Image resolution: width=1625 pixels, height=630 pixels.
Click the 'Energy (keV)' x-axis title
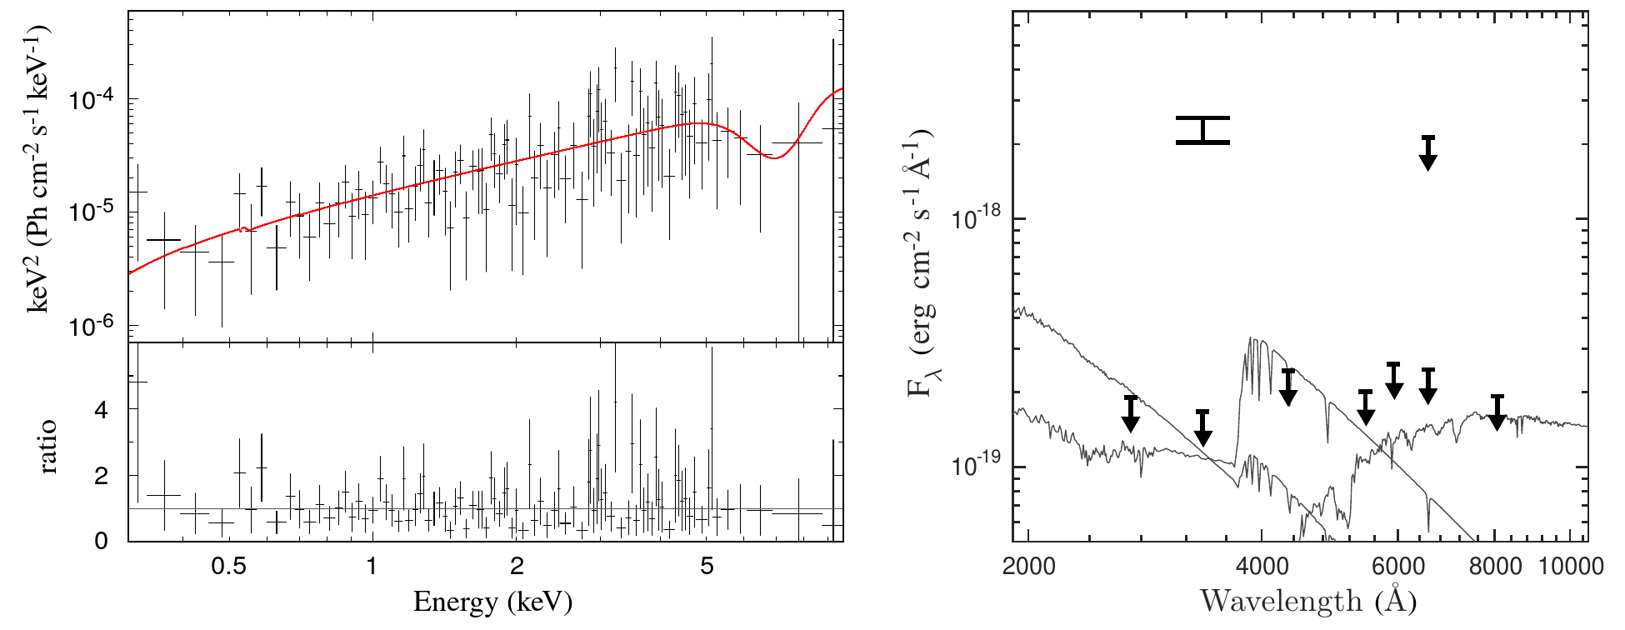[492, 601]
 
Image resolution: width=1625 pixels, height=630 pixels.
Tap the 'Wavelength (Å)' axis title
[1307, 600]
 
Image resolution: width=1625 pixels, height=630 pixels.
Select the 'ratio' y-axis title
[47, 447]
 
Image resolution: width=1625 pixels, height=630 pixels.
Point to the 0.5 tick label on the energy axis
[228, 567]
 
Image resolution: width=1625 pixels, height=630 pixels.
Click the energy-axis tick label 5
[707, 567]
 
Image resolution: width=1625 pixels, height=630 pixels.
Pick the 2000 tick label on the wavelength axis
[1028, 567]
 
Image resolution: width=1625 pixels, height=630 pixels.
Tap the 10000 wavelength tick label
[1570, 567]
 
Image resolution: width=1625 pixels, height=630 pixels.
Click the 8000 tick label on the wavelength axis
[1495, 567]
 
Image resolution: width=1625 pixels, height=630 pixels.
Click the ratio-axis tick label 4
[102, 410]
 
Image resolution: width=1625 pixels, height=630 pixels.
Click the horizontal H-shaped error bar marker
[1202, 130]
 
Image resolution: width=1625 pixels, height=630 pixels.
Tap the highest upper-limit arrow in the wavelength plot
[1428, 153]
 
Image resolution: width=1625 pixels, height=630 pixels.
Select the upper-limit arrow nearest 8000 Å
[1497, 412]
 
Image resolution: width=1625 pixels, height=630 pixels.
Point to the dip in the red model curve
[774, 157]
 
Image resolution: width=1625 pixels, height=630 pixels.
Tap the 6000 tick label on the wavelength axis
[1397, 567]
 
